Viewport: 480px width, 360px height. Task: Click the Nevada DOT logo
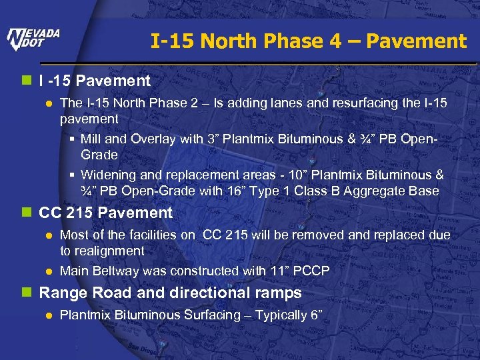33,40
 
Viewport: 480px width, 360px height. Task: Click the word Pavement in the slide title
417,41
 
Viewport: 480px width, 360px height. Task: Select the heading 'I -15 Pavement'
95,81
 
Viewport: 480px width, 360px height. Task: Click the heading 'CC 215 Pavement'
105,213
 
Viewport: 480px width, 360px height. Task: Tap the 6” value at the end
315,315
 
